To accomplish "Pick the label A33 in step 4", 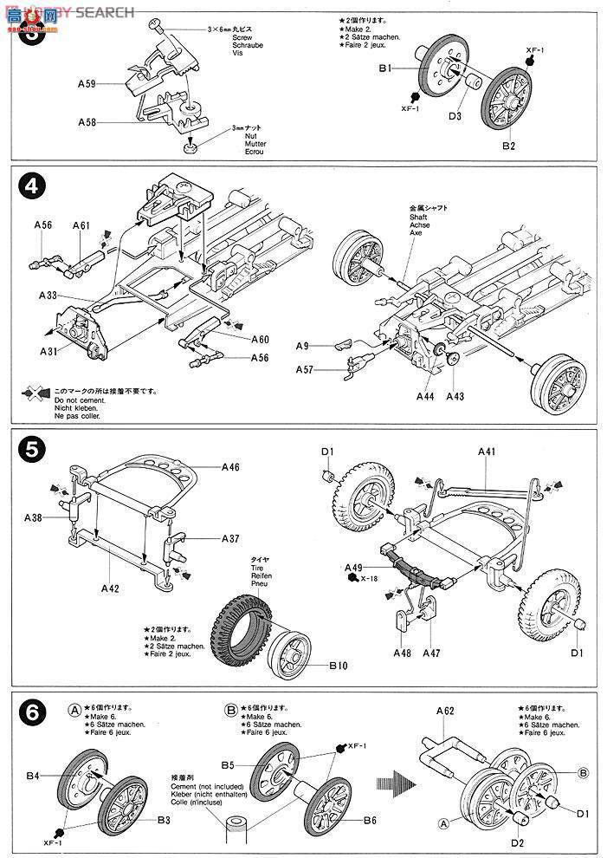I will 48,296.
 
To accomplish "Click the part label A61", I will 81,225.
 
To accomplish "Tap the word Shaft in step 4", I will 419,218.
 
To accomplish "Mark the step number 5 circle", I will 30,450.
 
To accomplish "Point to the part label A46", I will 230,467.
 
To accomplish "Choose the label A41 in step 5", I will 488,452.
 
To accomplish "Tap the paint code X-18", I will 371,578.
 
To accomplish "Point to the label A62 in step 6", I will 445,711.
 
